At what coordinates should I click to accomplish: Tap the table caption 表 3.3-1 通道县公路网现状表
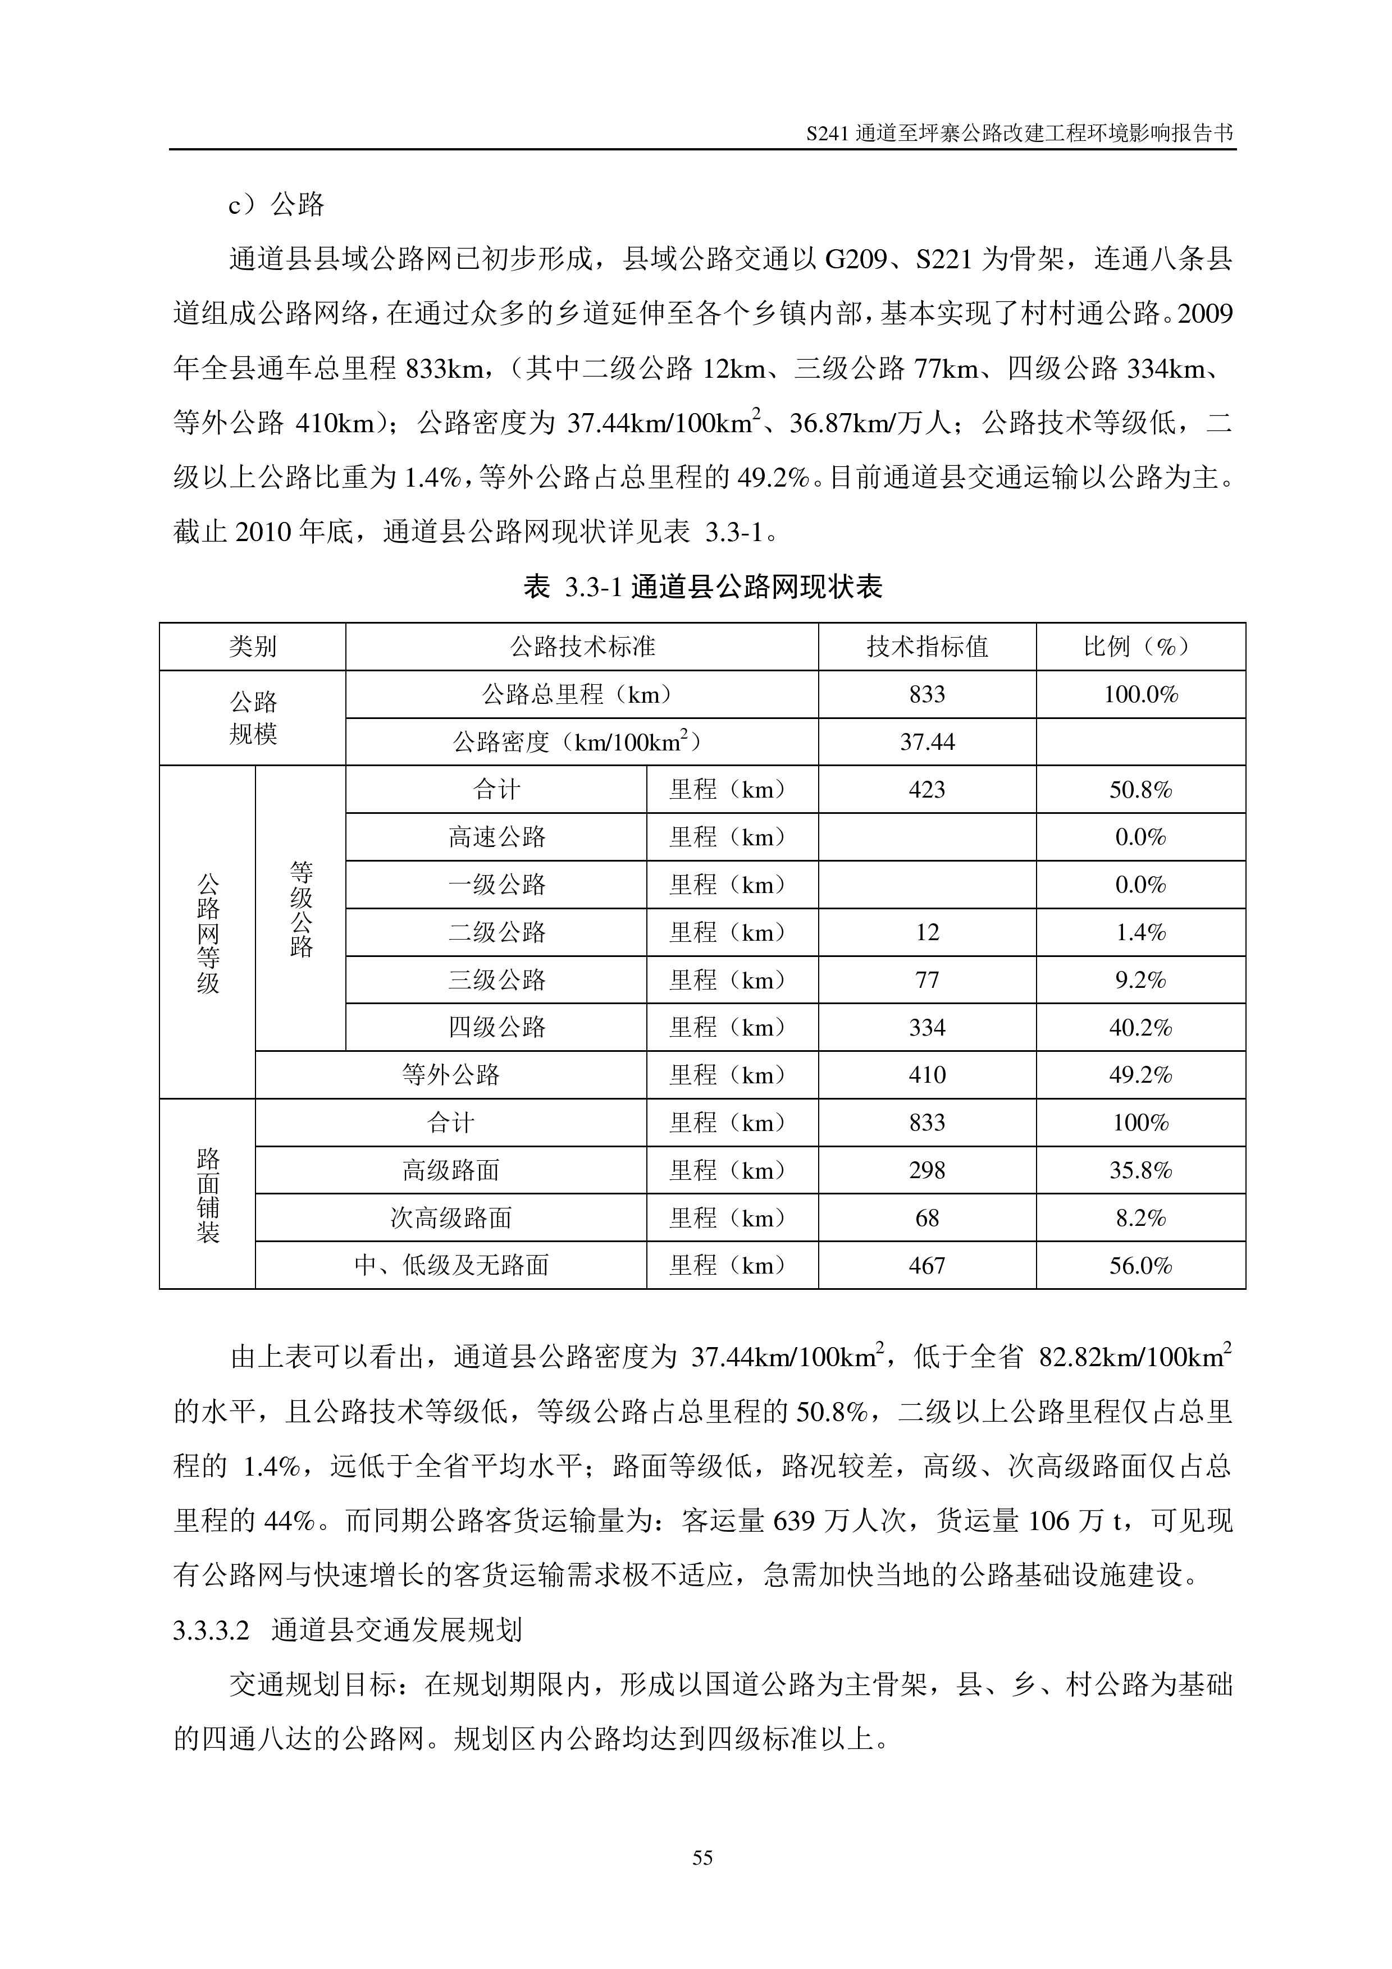[x=702, y=588]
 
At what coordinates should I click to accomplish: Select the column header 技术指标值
[x=927, y=647]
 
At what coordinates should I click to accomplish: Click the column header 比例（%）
[x=1140, y=647]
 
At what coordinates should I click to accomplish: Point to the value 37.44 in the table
[x=927, y=742]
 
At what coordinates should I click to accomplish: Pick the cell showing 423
[x=927, y=790]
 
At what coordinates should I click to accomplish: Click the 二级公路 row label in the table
[x=496, y=932]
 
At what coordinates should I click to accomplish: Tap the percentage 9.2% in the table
[x=1140, y=980]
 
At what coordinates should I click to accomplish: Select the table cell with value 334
[x=927, y=1027]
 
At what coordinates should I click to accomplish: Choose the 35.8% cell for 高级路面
[x=1140, y=1171]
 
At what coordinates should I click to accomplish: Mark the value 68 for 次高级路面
[x=927, y=1218]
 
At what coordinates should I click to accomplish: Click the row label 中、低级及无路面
[x=450, y=1266]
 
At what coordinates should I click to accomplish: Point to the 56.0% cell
[x=1140, y=1266]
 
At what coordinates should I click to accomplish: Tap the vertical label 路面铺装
[x=208, y=1194]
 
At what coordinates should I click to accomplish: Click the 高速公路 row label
[x=496, y=837]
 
